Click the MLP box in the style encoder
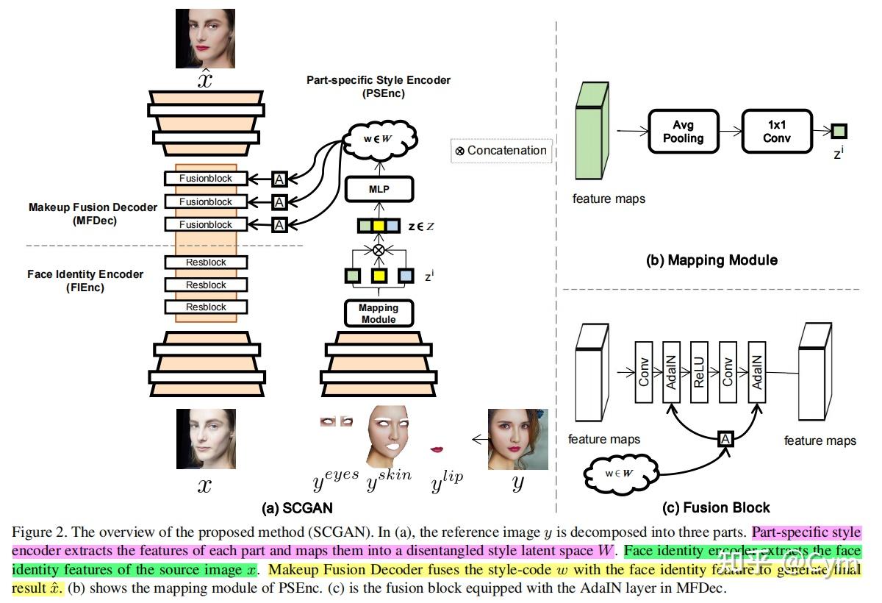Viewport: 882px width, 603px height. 379,190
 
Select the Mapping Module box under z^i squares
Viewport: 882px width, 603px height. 379,313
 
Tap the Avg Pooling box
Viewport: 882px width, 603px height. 683,132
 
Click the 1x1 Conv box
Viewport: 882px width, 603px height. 776,132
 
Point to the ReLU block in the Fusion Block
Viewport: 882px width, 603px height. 698,371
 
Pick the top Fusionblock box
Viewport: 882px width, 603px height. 206,179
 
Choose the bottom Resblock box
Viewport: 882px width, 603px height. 206,307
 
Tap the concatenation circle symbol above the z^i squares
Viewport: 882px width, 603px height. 379,250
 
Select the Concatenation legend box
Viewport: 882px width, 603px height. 501,151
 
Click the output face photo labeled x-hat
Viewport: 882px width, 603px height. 205,38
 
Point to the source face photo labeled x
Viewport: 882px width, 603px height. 205,439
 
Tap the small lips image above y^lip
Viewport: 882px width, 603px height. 437,449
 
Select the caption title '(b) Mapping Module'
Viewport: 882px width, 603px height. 711,260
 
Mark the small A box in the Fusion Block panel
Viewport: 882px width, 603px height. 725,439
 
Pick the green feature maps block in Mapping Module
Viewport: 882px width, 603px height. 592,132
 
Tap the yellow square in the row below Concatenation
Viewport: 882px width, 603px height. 379,276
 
